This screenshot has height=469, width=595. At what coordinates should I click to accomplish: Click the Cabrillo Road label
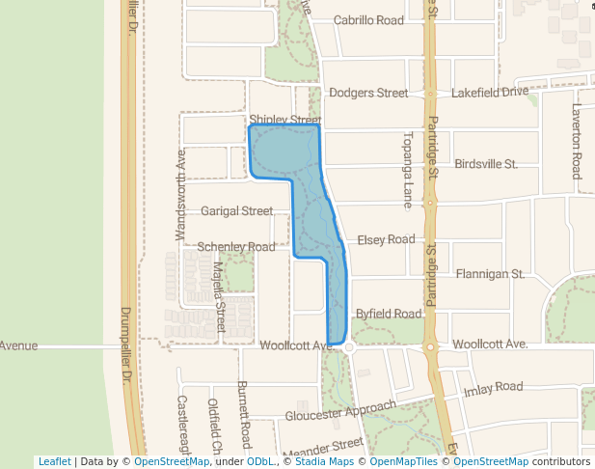368,20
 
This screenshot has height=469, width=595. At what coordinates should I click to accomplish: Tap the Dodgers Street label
368,93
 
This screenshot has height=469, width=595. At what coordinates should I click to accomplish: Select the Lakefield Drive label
490,92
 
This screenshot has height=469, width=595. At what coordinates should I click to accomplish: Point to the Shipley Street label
284,120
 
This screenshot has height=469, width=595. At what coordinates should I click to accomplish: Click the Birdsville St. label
486,164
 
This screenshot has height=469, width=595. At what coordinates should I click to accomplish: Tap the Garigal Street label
237,210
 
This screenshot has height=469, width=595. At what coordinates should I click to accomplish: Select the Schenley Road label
236,247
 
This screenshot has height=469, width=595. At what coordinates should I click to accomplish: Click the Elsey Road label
386,239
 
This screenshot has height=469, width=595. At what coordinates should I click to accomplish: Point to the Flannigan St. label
490,274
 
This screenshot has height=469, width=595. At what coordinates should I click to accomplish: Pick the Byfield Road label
389,314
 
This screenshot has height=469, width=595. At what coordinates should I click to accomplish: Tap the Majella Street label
219,297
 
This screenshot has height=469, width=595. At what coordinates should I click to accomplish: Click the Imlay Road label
493,388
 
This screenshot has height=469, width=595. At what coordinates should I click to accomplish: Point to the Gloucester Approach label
340,411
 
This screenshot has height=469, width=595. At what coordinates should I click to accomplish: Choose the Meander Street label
324,447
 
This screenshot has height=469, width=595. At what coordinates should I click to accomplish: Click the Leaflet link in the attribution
54,461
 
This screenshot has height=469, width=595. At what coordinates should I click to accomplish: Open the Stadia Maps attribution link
322,461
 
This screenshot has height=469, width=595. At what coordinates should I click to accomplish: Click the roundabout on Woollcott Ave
348,345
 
